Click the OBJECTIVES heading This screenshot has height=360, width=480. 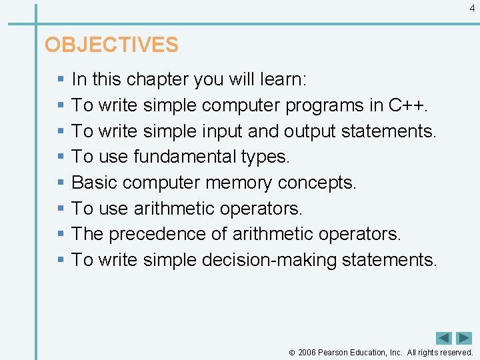click(111, 45)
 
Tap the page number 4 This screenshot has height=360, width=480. click(472, 9)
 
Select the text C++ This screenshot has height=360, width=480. click(409, 105)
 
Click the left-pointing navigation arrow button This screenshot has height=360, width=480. click(444, 338)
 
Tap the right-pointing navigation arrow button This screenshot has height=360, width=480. click(464, 338)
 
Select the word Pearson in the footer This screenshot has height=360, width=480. click(336, 353)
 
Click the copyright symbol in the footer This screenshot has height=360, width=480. click(291, 353)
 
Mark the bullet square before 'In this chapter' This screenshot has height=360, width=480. click(61, 79)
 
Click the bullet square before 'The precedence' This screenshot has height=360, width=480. click(61, 234)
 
